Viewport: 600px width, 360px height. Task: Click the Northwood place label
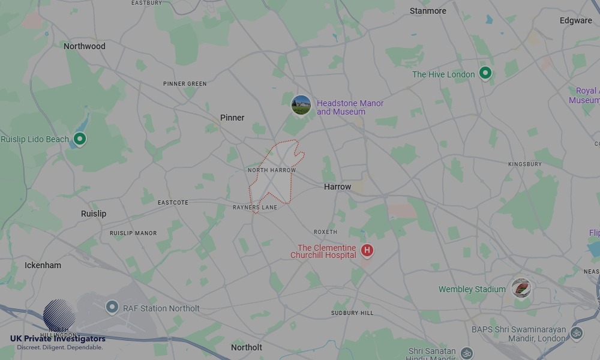[x=84, y=46]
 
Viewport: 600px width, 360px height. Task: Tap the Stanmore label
[x=428, y=11]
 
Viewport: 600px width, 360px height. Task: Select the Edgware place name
[x=575, y=20]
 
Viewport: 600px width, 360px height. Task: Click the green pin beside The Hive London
[x=485, y=74]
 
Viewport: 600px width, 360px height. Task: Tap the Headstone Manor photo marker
[x=301, y=106]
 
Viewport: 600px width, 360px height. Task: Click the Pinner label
[x=232, y=118]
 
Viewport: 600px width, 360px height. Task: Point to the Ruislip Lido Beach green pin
[x=79, y=139]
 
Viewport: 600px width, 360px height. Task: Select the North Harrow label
[x=272, y=170]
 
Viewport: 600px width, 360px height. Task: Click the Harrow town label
[x=337, y=187]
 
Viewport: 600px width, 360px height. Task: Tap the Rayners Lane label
[x=255, y=208]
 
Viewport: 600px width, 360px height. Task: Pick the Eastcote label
[x=173, y=203]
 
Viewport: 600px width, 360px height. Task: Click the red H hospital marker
[x=367, y=250]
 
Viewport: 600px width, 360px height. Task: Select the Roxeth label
[x=325, y=232]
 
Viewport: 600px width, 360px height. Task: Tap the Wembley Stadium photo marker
[x=521, y=288]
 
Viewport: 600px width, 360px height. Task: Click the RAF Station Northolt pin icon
[x=112, y=308]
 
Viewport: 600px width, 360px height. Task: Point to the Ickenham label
[x=43, y=265]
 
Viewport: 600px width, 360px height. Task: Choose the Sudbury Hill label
[x=352, y=313]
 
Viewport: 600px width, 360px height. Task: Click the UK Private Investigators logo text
[x=58, y=339]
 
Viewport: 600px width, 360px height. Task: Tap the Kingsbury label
[x=524, y=164]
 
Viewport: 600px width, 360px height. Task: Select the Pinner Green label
[x=185, y=84]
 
